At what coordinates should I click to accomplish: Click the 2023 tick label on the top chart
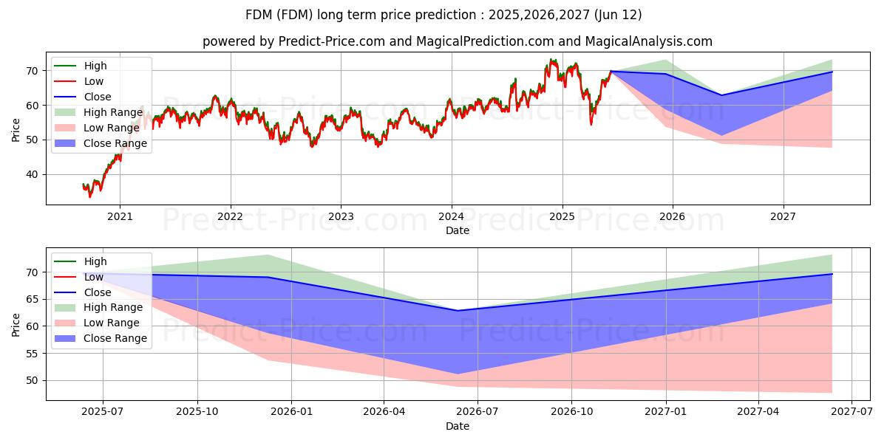tap(341, 217)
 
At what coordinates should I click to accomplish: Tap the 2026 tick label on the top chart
tap(672, 217)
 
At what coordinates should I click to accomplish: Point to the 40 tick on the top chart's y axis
tap(32, 174)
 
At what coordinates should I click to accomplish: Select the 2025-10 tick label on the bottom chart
tap(197, 412)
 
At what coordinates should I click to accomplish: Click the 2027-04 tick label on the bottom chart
tap(758, 412)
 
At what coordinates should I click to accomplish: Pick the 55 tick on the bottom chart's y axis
tap(32, 354)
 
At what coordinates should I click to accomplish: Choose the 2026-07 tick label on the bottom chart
tap(478, 412)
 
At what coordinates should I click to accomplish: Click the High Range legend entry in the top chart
tap(98, 112)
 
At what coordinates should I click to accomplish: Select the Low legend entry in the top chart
tap(78, 81)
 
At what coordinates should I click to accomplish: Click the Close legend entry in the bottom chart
tap(82, 292)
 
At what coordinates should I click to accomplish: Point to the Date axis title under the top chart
tap(458, 230)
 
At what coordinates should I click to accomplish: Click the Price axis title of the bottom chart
tap(16, 325)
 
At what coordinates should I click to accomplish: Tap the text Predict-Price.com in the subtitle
tap(332, 41)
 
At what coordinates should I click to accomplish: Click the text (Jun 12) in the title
tap(618, 15)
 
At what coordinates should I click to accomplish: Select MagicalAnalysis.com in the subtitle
tap(649, 41)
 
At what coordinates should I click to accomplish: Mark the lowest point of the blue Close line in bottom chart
tap(458, 311)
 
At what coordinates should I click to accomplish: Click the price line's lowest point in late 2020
tap(90, 196)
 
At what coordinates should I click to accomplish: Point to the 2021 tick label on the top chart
tap(120, 217)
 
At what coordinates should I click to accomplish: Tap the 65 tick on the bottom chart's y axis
tap(32, 300)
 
